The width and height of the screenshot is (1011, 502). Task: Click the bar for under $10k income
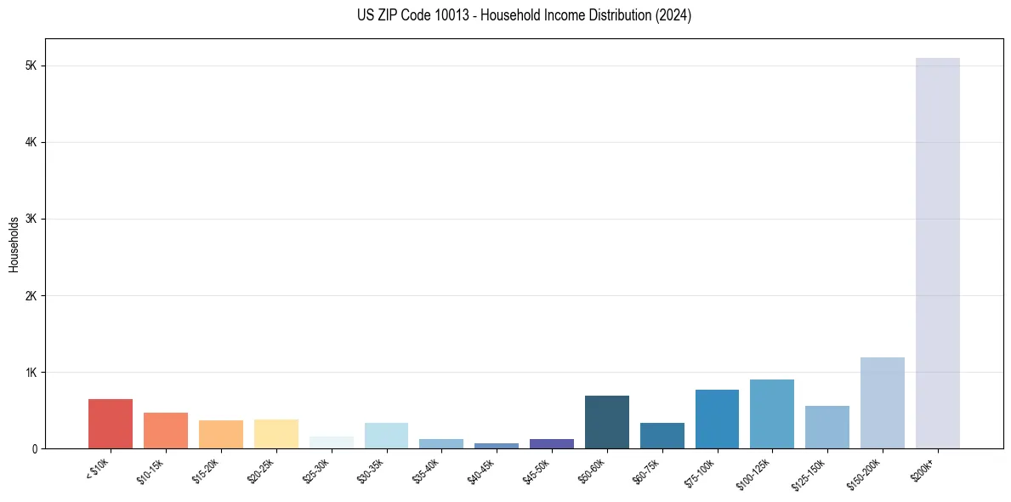click(111, 424)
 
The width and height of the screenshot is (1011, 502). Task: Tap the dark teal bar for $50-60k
click(607, 422)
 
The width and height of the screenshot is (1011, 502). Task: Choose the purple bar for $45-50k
click(552, 443)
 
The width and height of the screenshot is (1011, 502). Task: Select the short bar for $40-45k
click(497, 446)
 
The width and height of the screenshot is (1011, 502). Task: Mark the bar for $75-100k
click(717, 419)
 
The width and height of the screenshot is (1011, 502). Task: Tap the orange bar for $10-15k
click(166, 431)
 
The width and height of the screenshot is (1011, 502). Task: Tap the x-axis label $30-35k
click(370, 471)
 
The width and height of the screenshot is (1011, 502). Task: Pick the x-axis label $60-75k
click(645, 471)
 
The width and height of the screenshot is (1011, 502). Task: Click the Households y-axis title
click(14, 244)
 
